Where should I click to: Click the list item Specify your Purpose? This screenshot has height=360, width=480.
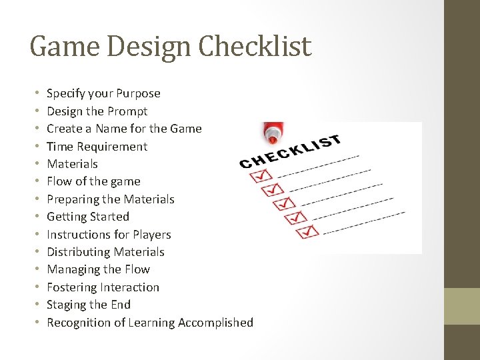click(x=103, y=93)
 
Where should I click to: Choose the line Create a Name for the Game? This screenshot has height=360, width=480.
click(x=124, y=129)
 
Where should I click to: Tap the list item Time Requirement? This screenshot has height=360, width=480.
click(x=97, y=147)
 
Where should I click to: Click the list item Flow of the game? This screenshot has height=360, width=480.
click(x=93, y=181)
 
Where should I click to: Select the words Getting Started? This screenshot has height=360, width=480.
click(x=88, y=217)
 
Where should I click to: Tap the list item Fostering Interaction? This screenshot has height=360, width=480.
click(x=103, y=287)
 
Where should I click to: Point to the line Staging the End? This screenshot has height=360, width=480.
click(x=89, y=305)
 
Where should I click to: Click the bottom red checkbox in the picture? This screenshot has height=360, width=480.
click(x=309, y=232)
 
